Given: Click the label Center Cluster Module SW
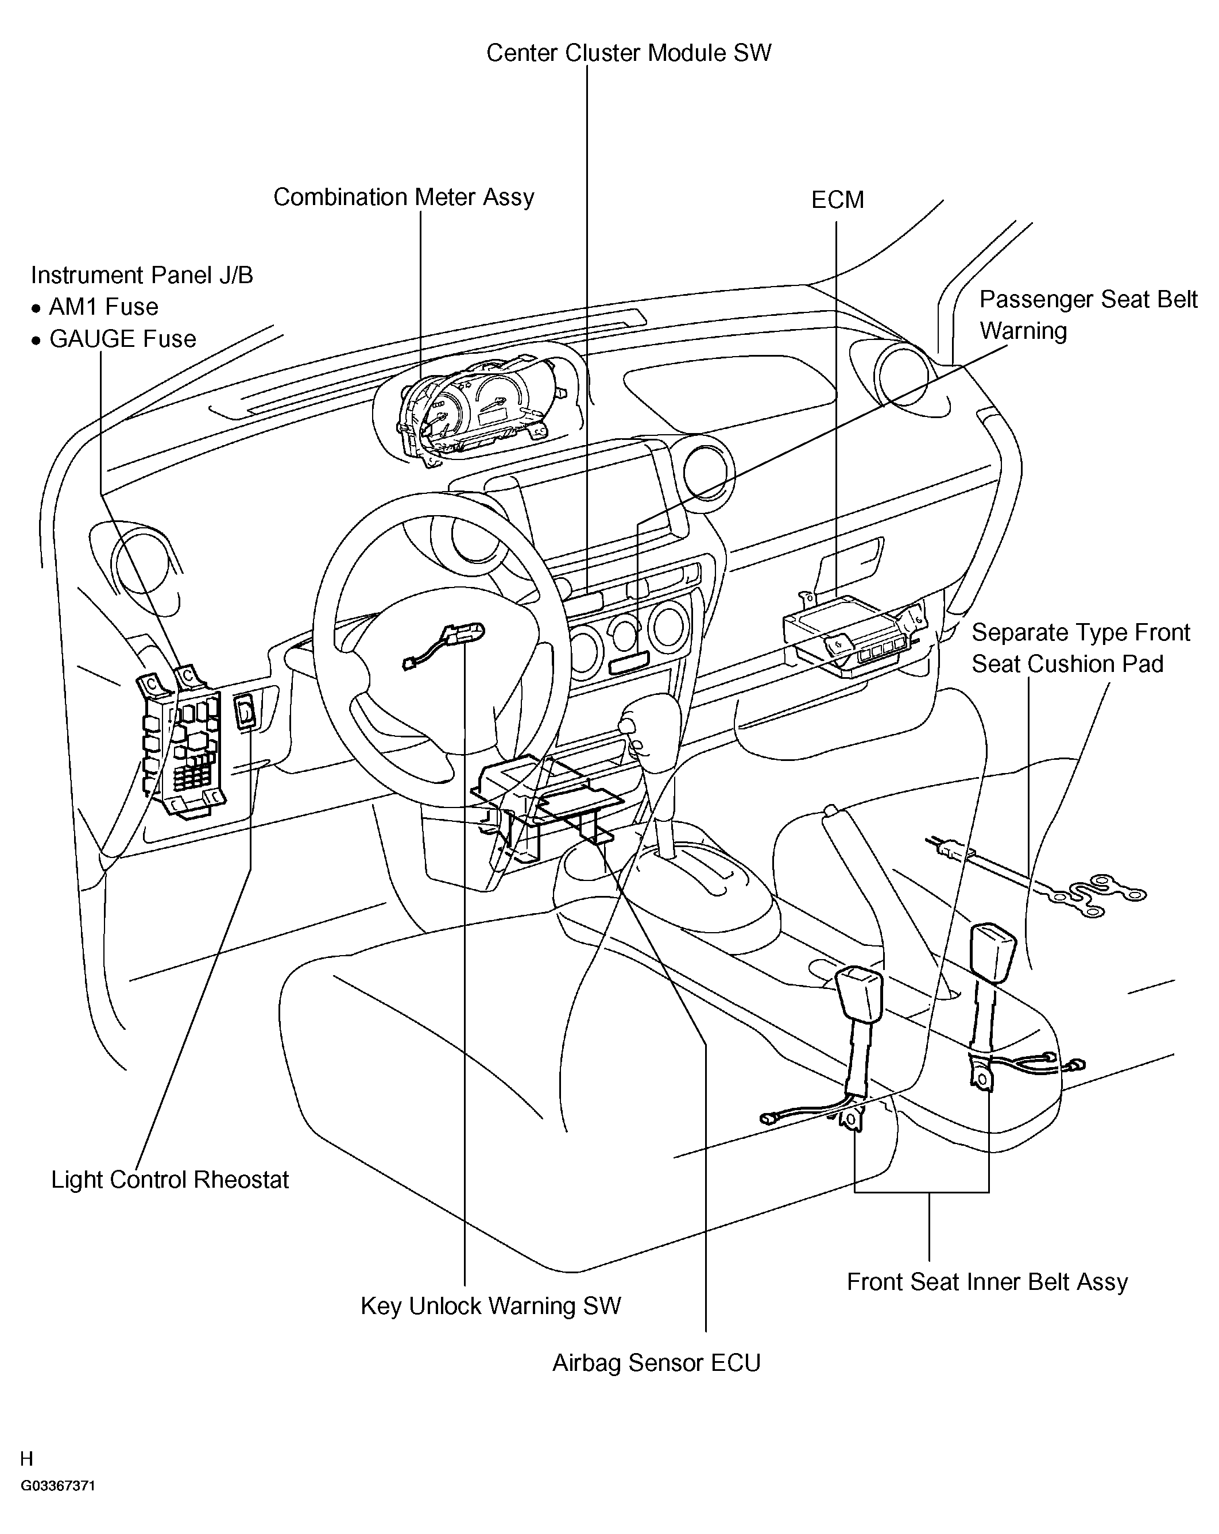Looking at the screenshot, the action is [x=629, y=53].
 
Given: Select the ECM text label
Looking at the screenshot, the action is [x=837, y=200].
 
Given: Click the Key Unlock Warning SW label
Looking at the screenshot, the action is [x=491, y=1305].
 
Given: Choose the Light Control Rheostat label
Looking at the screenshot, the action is [x=170, y=1180].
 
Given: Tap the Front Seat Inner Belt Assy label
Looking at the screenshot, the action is [x=987, y=1282].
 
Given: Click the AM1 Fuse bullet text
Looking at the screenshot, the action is [x=103, y=307].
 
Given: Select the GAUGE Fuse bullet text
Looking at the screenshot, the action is [x=122, y=339].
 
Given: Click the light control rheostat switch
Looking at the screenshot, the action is [x=245, y=712].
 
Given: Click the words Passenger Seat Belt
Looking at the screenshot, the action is [x=1088, y=300].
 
